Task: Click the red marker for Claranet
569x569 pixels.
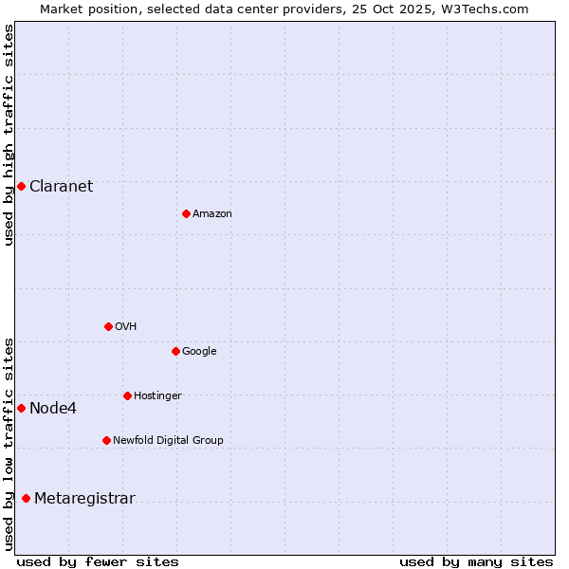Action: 21,186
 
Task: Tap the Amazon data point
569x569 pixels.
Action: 186,213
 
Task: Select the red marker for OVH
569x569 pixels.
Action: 108,326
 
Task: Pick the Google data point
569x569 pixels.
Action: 175,351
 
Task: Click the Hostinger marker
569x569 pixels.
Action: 127,395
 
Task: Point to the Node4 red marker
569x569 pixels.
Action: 21,408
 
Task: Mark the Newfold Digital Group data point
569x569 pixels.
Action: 106,440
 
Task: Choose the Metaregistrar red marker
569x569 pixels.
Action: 26,499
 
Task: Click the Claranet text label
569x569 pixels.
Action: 61,186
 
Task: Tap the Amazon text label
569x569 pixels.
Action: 212,214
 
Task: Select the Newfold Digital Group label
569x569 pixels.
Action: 168,440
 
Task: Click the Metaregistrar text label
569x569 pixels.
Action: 84,499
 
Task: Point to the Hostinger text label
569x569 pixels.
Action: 157,395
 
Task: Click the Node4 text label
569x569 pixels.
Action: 53,409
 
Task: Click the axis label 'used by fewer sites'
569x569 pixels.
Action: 98,561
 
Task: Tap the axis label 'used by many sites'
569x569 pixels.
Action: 476,561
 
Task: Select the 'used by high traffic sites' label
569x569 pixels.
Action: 9,135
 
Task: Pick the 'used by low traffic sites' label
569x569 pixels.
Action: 9,443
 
